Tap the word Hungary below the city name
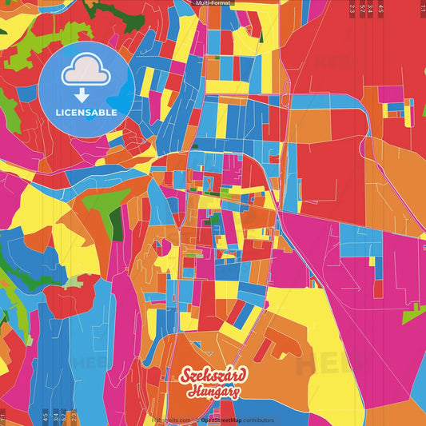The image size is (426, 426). [215, 392]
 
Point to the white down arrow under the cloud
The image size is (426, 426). [86, 94]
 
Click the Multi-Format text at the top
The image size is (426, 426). [213, 3]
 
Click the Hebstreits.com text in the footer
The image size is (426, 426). [169, 420]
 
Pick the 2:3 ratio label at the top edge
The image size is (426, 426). [352, 9]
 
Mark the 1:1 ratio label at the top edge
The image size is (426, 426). [423, 9]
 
